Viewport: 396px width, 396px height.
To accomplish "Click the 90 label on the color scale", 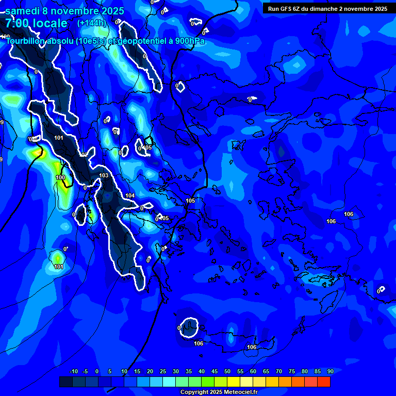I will tap(330, 371).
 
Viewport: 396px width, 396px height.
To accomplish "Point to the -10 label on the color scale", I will tap(74, 371).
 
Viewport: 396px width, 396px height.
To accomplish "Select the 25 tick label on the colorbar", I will tap(163, 371).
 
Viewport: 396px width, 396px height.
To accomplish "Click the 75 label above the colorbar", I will tap(292, 371).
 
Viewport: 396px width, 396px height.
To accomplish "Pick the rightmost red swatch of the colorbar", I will tap(324, 382).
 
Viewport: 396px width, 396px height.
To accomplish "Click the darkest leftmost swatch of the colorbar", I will tap(66, 382).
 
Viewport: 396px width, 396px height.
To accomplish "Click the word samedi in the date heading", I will tap(25, 11).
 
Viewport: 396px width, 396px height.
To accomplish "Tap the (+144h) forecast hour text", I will tap(91, 23).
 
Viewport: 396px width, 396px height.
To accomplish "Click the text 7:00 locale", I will tap(36, 23).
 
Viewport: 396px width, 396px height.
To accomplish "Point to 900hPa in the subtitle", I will tap(188, 41).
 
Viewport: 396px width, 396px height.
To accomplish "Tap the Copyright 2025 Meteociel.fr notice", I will tap(219, 392).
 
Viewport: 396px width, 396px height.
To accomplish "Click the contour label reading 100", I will tap(60, 177).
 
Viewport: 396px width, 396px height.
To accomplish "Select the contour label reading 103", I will tap(104, 176).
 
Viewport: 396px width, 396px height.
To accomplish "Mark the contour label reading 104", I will tap(130, 195).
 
